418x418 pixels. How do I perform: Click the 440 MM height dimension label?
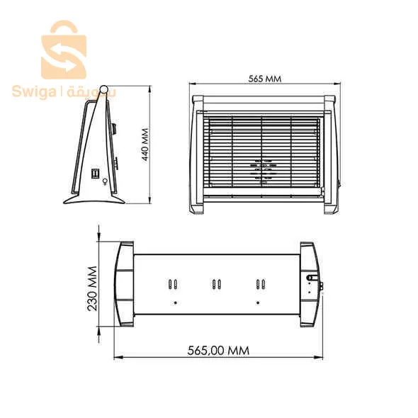(145, 145)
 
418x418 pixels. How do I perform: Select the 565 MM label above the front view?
(264, 79)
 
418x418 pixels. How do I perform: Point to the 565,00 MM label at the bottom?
(219, 351)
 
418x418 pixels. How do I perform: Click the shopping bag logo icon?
(64, 51)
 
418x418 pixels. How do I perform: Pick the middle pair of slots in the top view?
(217, 285)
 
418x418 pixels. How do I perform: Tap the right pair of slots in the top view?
(261, 285)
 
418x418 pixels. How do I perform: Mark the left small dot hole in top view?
(174, 303)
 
